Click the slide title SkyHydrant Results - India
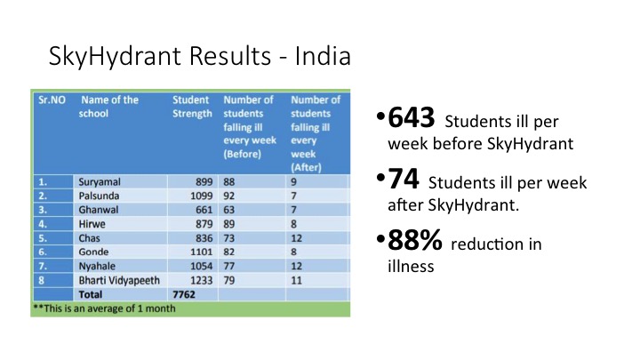[x=200, y=59]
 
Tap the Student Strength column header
[x=191, y=107]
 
